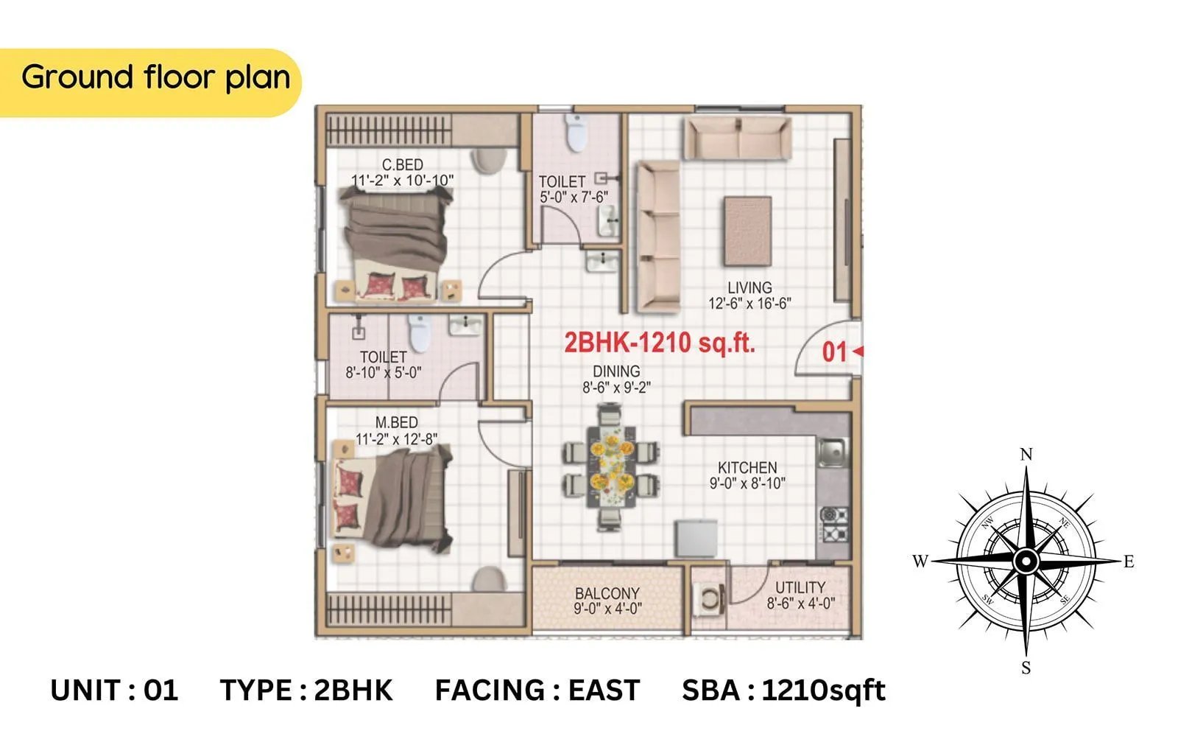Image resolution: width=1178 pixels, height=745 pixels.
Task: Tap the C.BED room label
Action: pyautogui.click(x=402, y=165)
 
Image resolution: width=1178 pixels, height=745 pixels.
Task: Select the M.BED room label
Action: pyautogui.click(x=396, y=423)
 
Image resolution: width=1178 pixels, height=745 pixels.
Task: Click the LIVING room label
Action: pyautogui.click(x=750, y=288)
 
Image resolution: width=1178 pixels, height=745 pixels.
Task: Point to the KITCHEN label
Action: pyautogui.click(x=747, y=468)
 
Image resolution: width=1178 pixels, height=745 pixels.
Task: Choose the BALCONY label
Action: pyautogui.click(x=607, y=593)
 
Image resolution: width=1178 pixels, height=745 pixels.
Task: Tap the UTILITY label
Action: pyautogui.click(x=800, y=587)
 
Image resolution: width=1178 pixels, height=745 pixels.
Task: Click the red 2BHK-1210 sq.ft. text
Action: pyautogui.click(x=659, y=343)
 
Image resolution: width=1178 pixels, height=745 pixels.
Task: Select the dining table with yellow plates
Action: pyautogui.click(x=611, y=466)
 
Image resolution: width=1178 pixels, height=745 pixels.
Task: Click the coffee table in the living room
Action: pyautogui.click(x=747, y=231)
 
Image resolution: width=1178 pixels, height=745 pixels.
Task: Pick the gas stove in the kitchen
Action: pyautogui.click(x=834, y=523)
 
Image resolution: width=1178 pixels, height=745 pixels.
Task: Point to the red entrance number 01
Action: pyautogui.click(x=834, y=352)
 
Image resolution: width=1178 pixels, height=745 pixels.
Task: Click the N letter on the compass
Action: pyautogui.click(x=1026, y=455)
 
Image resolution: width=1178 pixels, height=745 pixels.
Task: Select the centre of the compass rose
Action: pyautogui.click(x=1026, y=562)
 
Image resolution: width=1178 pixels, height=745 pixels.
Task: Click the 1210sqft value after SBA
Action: pyautogui.click(x=823, y=690)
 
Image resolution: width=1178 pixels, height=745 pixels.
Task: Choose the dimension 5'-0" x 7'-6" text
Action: pyautogui.click(x=574, y=197)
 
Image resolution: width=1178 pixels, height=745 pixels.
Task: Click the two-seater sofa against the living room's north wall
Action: pyautogui.click(x=738, y=137)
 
